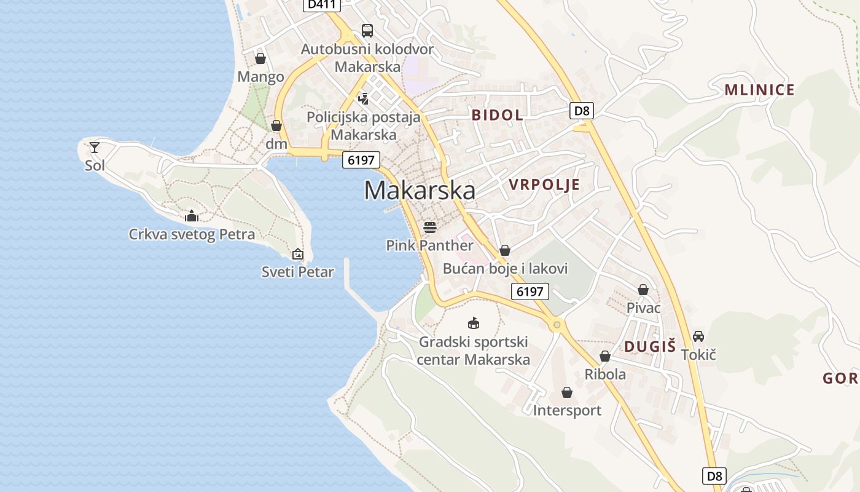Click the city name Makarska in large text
pyautogui.click(x=420, y=191)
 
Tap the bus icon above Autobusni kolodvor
pyautogui.click(x=367, y=30)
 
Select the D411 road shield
pyautogui.click(x=322, y=5)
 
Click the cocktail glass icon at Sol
pyautogui.click(x=95, y=148)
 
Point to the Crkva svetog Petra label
pyautogui.click(x=192, y=234)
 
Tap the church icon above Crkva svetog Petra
pyautogui.click(x=192, y=216)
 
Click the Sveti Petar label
pyautogui.click(x=298, y=272)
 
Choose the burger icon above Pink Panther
pyautogui.click(x=429, y=228)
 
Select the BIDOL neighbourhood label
pyautogui.click(x=498, y=115)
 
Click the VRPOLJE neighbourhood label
pyautogui.click(x=544, y=185)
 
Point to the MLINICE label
pyautogui.click(x=760, y=90)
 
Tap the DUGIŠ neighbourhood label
pyautogui.click(x=650, y=346)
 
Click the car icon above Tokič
pyautogui.click(x=698, y=336)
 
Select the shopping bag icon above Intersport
pyautogui.click(x=567, y=392)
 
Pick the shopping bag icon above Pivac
pyautogui.click(x=643, y=290)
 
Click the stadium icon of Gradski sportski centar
pyautogui.click(x=474, y=323)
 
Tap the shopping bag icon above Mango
pyautogui.click(x=260, y=58)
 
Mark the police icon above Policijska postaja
pyautogui.click(x=364, y=98)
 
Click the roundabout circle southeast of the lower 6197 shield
pyautogui.click(x=557, y=325)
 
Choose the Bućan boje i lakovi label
pyautogui.click(x=505, y=269)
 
